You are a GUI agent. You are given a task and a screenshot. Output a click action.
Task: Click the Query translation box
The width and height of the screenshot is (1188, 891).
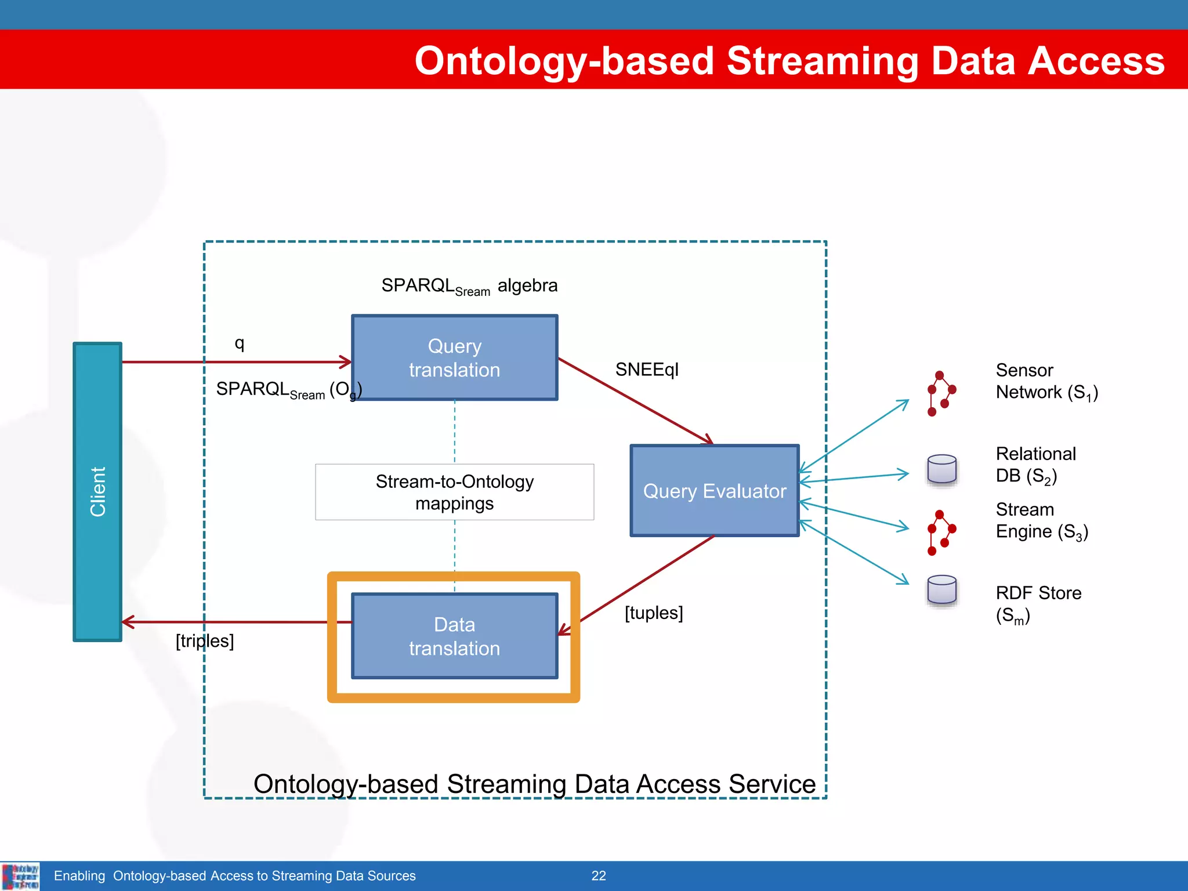click(454, 358)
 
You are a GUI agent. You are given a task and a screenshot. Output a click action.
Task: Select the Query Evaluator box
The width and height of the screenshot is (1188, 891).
click(714, 491)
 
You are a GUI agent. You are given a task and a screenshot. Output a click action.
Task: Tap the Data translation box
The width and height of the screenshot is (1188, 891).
click(454, 636)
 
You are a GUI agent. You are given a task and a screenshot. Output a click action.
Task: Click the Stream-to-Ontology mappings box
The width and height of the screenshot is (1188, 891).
click(454, 492)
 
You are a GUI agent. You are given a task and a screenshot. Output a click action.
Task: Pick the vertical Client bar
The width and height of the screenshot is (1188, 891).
click(97, 491)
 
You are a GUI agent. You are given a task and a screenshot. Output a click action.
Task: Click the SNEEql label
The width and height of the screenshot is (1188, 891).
click(646, 370)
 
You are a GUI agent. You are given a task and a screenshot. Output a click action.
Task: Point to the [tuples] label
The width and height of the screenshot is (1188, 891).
click(653, 613)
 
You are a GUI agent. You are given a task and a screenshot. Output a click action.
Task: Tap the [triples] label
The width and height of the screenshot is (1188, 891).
click(205, 640)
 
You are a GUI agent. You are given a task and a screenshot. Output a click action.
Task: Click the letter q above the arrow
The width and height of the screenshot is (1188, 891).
click(239, 343)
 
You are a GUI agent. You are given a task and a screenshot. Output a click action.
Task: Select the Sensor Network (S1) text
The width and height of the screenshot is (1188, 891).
click(1046, 381)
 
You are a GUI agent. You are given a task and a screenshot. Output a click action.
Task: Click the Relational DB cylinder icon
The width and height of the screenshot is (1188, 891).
click(941, 469)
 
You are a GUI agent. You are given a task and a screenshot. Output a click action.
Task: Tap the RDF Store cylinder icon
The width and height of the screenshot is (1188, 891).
click(941, 591)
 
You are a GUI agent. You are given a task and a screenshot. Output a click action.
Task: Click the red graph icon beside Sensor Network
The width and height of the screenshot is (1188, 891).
click(940, 393)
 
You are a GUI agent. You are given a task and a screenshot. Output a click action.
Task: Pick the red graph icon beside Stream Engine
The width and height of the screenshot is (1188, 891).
click(940, 533)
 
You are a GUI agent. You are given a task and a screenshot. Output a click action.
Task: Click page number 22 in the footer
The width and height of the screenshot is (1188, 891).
click(598, 876)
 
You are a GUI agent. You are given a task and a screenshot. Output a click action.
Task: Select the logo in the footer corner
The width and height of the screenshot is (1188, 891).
click(20, 876)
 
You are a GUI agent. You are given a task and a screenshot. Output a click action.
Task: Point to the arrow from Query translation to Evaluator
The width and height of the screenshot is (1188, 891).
click(635, 401)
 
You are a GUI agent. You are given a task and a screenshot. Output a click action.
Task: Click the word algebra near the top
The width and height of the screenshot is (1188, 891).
click(527, 285)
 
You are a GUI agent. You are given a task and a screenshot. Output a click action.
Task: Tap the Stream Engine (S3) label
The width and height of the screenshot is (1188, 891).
click(1041, 520)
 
